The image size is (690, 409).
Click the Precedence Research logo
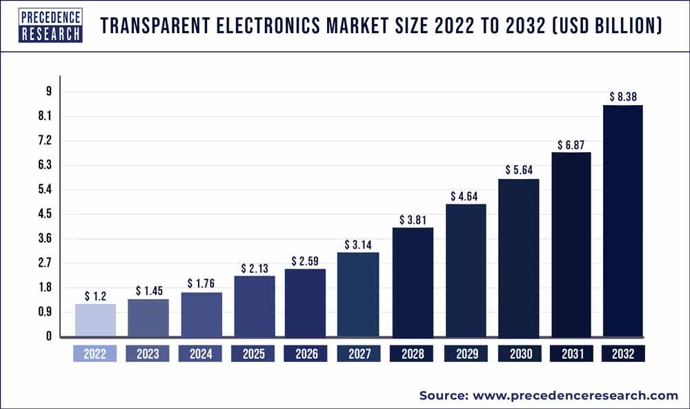(x=51, y=26)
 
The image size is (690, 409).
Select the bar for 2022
(x=95, y=320)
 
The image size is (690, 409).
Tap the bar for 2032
(x=623, y=221)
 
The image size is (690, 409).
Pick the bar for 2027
(x=358, y=294)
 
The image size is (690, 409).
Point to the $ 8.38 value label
(x=623, y=97)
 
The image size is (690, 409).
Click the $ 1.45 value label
(x=148, y=291)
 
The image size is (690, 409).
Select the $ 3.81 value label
(x=413, y=220)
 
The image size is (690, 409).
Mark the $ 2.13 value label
(x=254, y=268)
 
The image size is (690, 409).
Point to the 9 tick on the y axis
(x=49, y=92)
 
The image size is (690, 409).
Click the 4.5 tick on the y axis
(x=46, y=214)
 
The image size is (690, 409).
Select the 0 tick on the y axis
(x=49, y=336)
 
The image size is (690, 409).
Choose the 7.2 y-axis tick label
(x=46, y=141)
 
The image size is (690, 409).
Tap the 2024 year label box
(x=201, y=354)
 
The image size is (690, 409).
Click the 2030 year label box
(x=518, y=354)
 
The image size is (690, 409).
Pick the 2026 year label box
(x=306, y=354)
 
